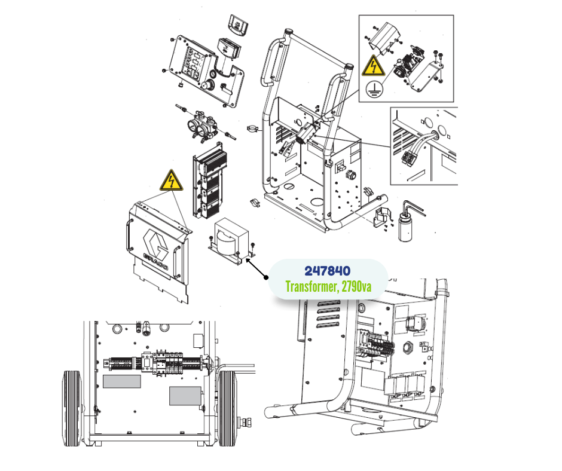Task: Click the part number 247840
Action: (327, 271)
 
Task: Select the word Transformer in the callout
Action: (311, 287)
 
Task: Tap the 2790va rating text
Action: (356, 287)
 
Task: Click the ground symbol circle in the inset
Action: (374, 88)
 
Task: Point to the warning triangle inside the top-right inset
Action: (373, 66)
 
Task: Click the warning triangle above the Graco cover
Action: (172, 181)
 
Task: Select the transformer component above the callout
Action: (232, 240)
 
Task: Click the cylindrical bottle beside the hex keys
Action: (405, 226)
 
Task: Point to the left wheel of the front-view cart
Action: (72, 408)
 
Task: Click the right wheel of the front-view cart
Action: (227, 408)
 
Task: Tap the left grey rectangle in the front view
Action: (122, 381)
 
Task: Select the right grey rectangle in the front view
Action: (185, 396)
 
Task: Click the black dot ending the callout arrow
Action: (266, 277)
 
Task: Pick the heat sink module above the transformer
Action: (210, 181)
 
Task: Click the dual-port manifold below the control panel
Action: (203, 126)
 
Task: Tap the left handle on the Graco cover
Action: (129, 235)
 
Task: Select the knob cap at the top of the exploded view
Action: (239, 25)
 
